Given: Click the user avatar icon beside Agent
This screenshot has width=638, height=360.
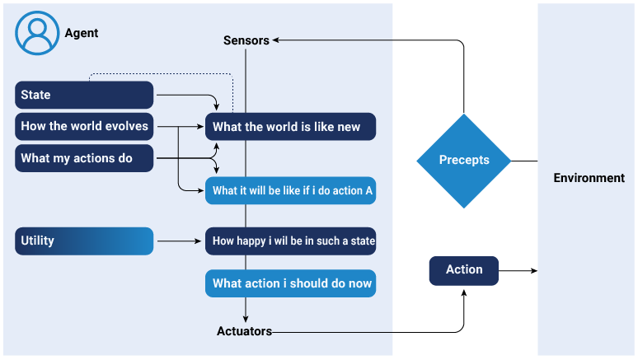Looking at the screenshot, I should tap(36, 34).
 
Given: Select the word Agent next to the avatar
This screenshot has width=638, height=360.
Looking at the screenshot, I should tap(82, 34).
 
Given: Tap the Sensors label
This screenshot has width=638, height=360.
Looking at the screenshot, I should tap(246, 40).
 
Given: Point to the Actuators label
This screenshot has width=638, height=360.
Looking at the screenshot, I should tap(244, 332).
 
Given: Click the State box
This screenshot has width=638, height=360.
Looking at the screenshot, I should tap(84, 95).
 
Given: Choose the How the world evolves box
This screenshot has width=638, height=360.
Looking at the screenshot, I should tap(84, 127).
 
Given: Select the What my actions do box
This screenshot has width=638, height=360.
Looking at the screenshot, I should tap(84, 158).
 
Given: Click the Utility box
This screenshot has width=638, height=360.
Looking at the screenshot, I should tap(84, 241).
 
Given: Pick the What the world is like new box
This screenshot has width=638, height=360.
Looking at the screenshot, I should tap(290, 127).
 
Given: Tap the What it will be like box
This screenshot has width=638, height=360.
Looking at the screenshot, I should tap(290, 190).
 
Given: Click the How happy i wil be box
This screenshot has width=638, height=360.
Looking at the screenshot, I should tap(290, 241).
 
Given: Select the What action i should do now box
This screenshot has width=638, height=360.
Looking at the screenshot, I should tap(290, 283).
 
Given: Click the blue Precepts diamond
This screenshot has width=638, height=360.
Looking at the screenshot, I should tap(464, 160).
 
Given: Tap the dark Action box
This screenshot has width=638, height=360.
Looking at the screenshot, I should tap(464, 270).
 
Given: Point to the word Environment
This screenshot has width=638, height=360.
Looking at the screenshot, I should tap(589, 178).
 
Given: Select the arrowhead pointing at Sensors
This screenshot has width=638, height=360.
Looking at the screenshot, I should tap(276, 40).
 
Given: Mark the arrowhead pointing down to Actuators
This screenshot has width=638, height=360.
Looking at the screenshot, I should tap(246, 319).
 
